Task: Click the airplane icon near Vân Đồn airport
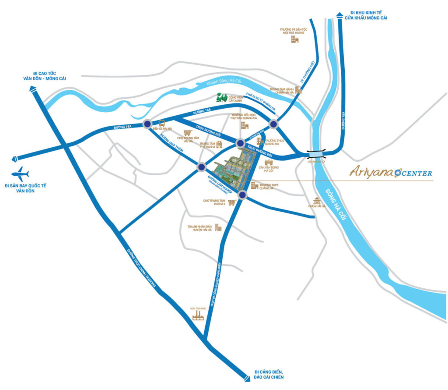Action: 20,173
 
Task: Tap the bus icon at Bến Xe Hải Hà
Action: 162,124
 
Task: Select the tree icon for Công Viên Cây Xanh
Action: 223,99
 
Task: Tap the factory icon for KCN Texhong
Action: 198,315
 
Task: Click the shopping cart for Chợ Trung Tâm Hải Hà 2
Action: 232,202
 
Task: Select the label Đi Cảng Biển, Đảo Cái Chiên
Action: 272,375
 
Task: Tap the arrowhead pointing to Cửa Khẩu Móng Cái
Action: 340,16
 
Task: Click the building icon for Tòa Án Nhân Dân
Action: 218,227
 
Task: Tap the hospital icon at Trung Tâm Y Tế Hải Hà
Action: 219,145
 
